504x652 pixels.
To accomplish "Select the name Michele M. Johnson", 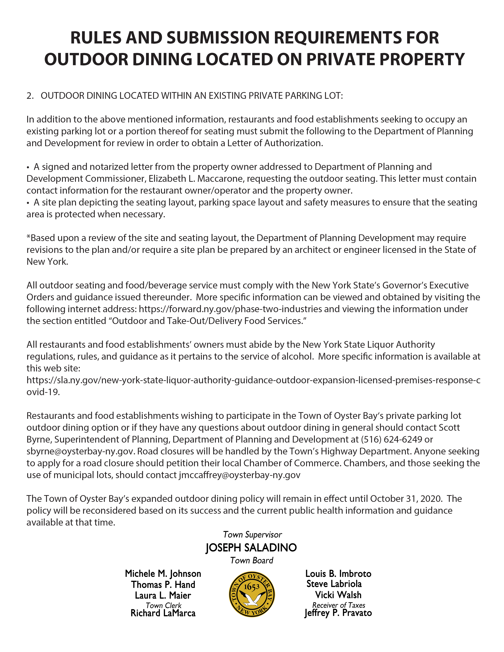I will point(163,574).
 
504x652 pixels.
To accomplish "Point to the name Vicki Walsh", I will point(338,595).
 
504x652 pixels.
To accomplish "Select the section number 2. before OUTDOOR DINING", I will point(30,96).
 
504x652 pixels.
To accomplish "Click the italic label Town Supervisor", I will point(252,534).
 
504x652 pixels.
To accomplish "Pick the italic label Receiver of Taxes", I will point(339,605).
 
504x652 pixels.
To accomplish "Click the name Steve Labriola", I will point(334,584).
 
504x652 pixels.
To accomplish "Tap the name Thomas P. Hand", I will point(163,585).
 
